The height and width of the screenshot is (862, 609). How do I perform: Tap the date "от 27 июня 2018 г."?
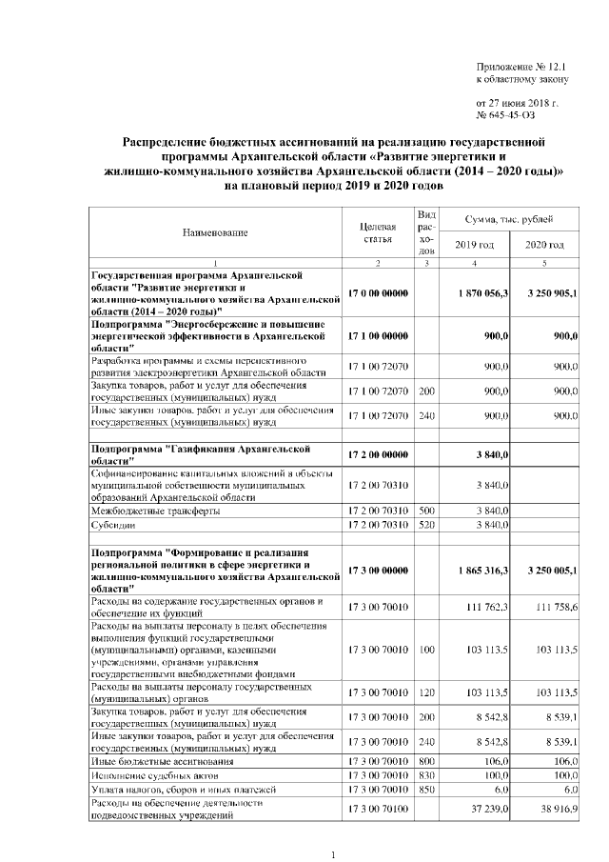click(517, 101)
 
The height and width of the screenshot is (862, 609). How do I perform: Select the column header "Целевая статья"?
click(378, 232)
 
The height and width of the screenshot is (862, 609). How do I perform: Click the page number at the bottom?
click(333, 854)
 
